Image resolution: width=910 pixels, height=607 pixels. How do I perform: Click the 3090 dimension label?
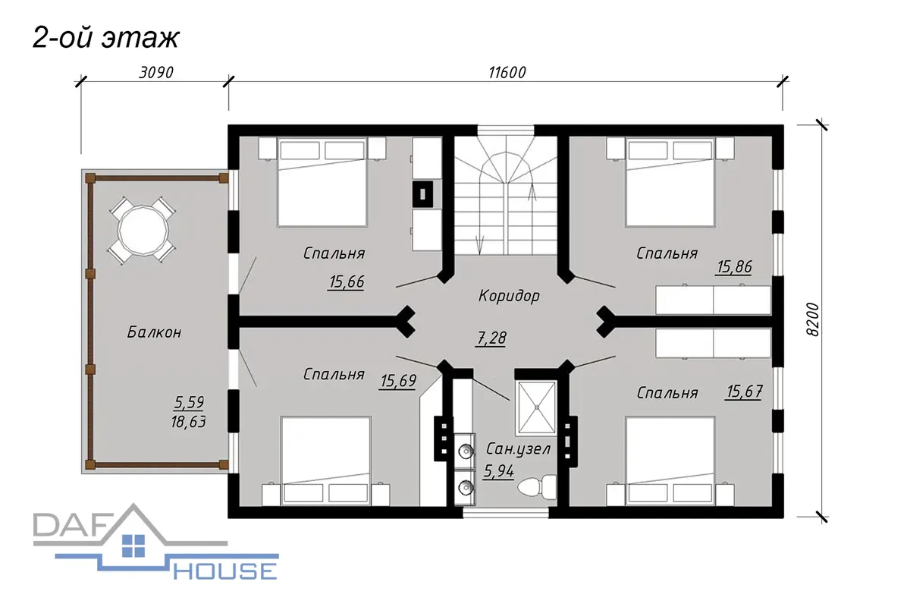click(156, 73)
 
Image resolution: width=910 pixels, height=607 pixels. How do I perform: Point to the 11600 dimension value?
click(507, 73)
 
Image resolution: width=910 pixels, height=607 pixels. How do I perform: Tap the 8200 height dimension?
click(812, 319)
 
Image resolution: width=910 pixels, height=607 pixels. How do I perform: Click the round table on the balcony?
click(143, 230)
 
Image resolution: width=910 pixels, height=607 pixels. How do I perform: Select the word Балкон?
click(155, 332)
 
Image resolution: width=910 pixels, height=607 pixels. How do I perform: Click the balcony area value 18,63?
click(189, 422)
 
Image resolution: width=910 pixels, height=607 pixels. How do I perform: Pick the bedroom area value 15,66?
click(347, 281)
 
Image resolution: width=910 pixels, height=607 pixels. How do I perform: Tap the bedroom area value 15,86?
click(735, 267)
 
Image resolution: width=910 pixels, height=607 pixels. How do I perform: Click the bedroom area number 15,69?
click(398, 381)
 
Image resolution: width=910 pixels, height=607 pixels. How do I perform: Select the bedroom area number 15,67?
click(744, 392)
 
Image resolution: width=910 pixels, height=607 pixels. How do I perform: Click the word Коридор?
click(509, 296)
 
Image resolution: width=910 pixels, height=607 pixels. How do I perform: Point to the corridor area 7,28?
click(491, 338)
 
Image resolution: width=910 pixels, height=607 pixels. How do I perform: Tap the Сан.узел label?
click(518, 449)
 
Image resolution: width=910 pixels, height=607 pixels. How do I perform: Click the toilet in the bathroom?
click(536, 486)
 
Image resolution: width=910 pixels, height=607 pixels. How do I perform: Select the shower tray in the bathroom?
click(536, 407)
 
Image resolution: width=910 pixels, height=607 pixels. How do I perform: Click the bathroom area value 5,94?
click(499, 471)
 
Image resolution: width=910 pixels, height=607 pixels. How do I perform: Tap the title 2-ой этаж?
click(105, 38)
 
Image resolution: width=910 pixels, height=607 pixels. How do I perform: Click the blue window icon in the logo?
click(133, 546)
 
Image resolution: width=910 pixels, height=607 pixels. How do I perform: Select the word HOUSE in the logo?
click(226, 571)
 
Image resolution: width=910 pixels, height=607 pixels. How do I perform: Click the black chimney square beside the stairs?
click(422, 194)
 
